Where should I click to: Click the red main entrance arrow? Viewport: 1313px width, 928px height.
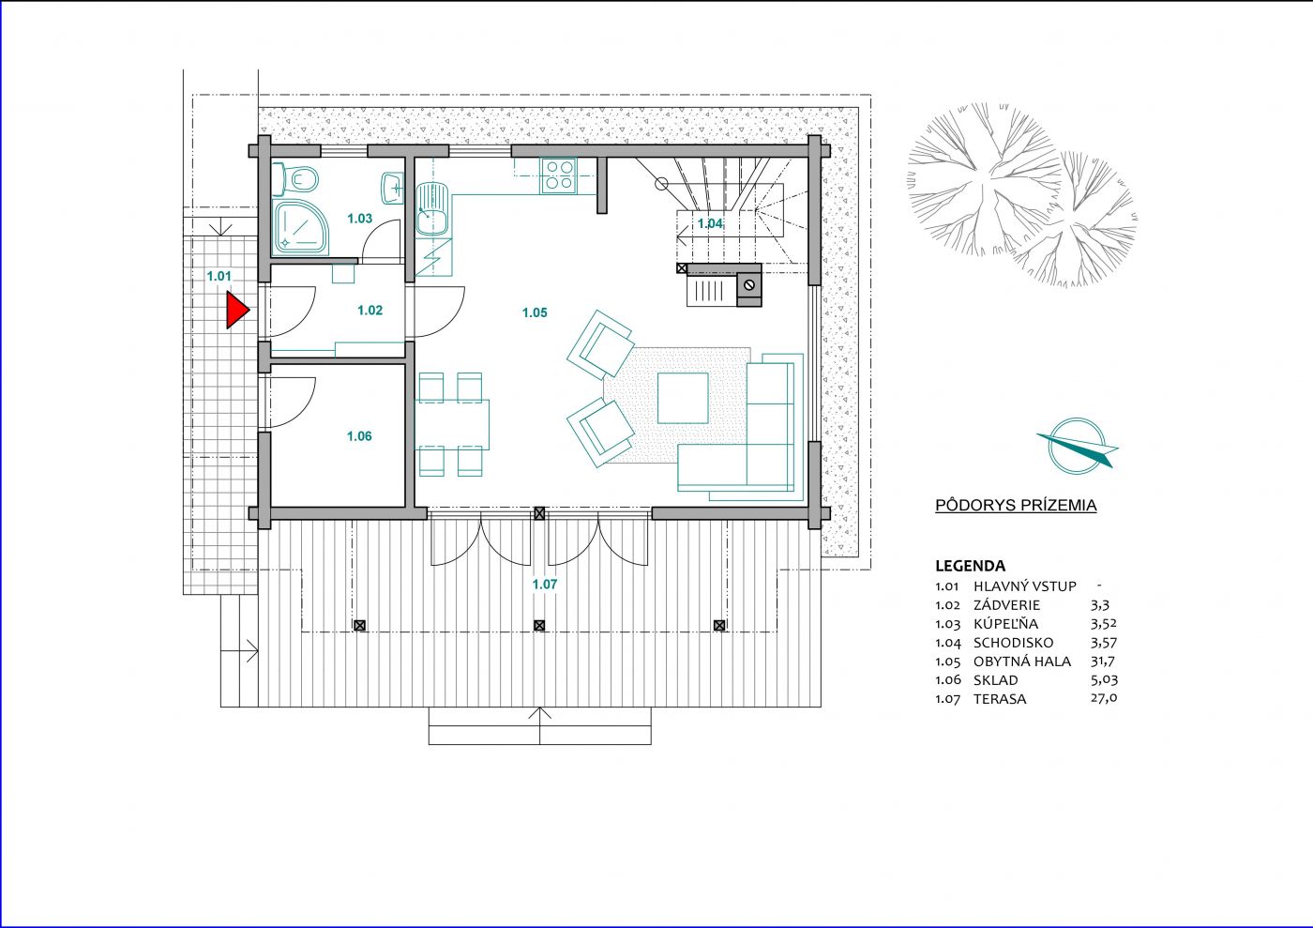coord(236,311)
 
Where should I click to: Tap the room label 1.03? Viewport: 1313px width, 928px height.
coord(360,219)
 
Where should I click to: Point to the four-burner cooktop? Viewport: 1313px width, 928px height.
coord(559,175)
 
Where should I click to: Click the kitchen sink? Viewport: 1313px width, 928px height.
coord(432,209)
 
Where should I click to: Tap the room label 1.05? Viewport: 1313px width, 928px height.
coord(535,312)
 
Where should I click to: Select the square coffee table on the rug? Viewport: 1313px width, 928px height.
coord(683,398)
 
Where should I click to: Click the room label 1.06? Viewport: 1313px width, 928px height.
coord(359,435)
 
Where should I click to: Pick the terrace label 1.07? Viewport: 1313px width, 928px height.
coord(545,585)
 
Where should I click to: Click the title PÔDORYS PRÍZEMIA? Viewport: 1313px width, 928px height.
coord(1016,505)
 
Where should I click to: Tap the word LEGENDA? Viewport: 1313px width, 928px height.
coord(970,566)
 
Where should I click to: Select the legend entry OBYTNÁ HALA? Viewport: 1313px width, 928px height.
coord(1022,662)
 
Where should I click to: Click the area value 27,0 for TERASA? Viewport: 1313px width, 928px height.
coord(1104,698)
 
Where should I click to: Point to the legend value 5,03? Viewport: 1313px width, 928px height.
coord(1105,680)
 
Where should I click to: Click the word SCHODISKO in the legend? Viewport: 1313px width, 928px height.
coord(1014,643)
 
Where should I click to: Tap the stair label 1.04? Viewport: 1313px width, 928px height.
coord(710,223)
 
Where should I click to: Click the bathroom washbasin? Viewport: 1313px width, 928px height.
coord(392,188)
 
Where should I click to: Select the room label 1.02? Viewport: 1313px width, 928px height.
coord(370,310)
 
